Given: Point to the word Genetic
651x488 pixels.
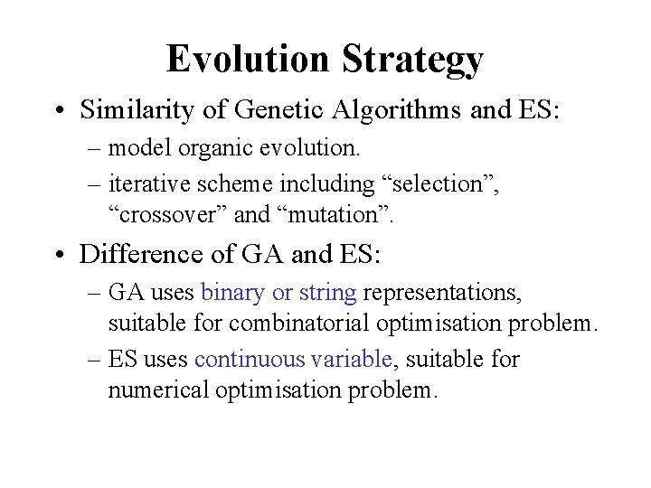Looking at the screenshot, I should (x=270, y=110).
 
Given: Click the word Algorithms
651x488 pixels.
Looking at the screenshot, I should (x=394, y=110).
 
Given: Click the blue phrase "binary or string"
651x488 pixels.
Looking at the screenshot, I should (x=279, y=294).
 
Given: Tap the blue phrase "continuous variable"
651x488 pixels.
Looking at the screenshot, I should (x=293, y=359).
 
